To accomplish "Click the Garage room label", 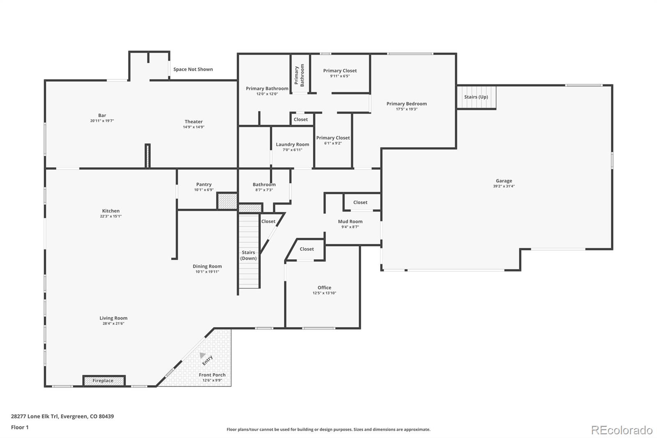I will point(503,181).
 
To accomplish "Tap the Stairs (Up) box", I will point(476,97).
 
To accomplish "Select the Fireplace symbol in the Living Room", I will point(103,381).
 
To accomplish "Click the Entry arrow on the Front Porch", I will point(202,355).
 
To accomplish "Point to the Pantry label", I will point(204,184).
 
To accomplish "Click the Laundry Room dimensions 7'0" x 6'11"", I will point(292,150).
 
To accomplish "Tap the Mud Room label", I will point(350,221).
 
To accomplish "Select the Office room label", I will point(324,288).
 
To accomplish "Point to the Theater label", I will point(193,122).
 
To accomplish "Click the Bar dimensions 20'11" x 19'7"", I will point(102,121).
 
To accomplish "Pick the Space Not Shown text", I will point(193,69).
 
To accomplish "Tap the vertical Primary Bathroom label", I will point(299,75).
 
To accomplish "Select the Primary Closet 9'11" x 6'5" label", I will point(340,71).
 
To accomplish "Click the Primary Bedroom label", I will point(406,104).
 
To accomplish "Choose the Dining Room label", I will point(207,266).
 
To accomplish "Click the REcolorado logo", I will point(621,430).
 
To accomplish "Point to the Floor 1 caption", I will point(20,427).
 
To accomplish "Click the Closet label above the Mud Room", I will point(360,202).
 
